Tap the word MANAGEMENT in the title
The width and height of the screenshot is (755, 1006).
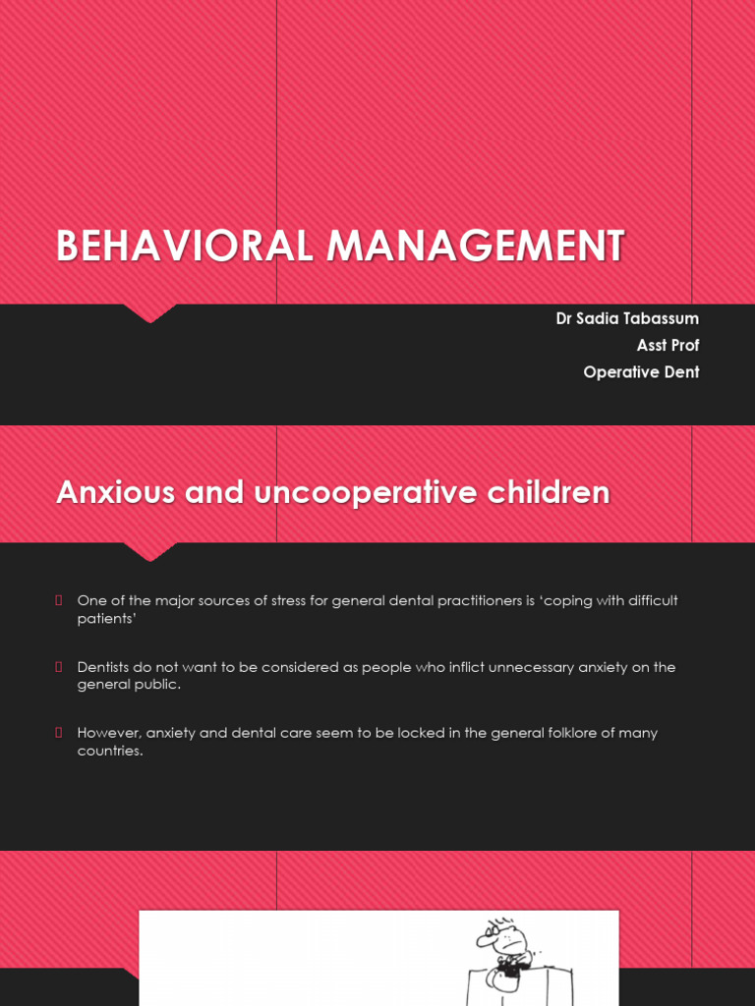tap(476, 246)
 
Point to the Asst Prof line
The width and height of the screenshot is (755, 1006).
tap(668, 345)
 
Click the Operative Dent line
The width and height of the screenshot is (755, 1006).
tap(641, 372)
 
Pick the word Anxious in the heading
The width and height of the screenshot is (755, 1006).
tap(116, 491)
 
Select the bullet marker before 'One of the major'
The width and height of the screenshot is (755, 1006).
tap(59, 600)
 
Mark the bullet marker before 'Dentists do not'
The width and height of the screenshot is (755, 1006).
tap(59, 667)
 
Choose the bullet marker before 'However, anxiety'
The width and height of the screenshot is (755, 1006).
tap(59, 733)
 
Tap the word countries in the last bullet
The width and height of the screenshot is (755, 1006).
tap(110, 752)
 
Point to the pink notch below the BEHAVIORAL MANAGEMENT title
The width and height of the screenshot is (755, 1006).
tap(149, 312)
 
